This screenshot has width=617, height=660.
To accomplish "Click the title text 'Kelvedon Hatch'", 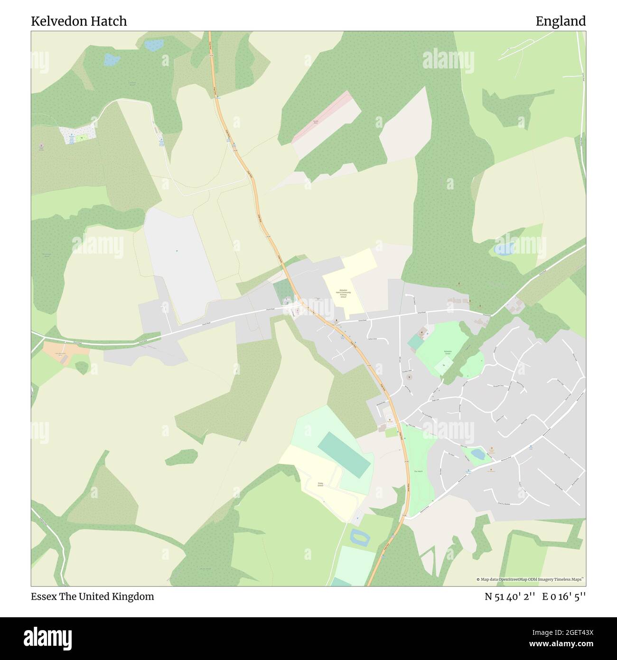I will pos(79,21).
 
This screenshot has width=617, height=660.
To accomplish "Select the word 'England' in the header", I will pos(561,21).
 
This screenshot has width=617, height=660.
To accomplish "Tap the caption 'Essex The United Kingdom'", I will pos(93,596).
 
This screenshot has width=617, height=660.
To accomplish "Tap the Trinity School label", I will pos(320,484).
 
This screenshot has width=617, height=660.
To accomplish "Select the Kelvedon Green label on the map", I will pos(448,352).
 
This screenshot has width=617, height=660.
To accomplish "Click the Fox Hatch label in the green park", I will pos(419,471).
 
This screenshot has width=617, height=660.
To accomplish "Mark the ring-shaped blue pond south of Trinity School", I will pos(359,537).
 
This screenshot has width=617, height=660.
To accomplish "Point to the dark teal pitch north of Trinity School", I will pos(344,454).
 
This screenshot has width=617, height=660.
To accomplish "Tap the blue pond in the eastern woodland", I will pos(504,248).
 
